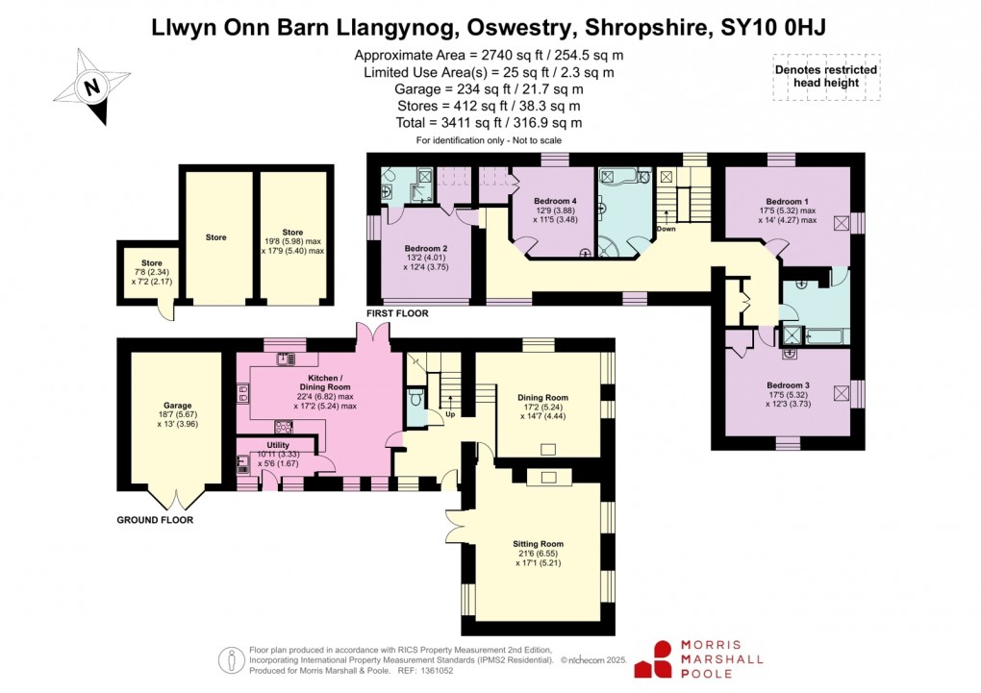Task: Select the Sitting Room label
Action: [538, 544]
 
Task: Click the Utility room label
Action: [264, 445]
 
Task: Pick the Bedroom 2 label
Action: [425, 247]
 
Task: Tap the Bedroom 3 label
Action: [788, 385]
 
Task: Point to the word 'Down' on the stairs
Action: [667, 229]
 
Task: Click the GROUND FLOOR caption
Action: [155, 520]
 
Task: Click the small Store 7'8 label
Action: [151, 262]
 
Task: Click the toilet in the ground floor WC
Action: [415, 398]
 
